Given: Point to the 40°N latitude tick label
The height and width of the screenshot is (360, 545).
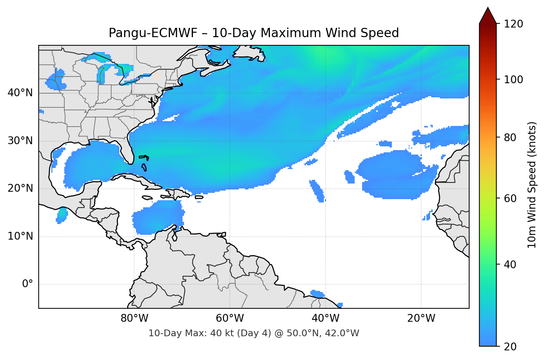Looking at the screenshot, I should click(x=20, y=93).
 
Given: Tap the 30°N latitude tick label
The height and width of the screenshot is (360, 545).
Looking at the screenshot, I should click(x=20, y=141).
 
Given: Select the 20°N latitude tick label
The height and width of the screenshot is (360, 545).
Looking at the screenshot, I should click(x=20, y=188).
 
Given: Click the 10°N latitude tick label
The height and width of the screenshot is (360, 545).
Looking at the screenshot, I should click(x=20, y=236).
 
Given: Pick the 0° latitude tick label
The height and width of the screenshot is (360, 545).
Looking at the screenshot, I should click(x=27, y=284).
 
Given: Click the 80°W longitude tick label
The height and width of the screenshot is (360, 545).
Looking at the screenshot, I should click(x=134, y=318).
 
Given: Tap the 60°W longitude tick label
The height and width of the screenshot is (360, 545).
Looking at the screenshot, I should click(x=230, y=318).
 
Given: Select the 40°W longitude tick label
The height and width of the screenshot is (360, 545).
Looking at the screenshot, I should click(x=326, y=318).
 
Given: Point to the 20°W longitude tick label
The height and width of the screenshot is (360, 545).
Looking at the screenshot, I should click(x=421, y=318).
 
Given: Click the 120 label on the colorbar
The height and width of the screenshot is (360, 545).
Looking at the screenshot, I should click(x=513, y=24).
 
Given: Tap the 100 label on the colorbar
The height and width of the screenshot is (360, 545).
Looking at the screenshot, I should click(x=513, y=80).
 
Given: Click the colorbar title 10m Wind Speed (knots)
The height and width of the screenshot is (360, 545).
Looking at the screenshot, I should click(x=532, y=185).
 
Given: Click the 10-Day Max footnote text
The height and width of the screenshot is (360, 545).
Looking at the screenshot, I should click(x=254, y=333).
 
